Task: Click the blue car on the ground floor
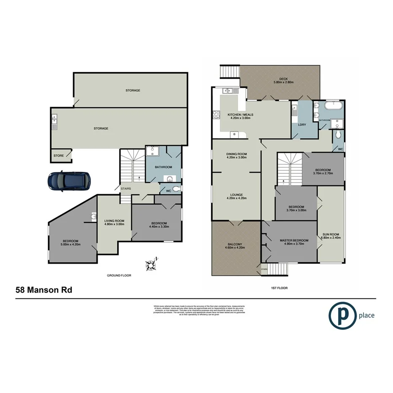[69, 181]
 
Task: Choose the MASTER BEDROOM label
[294, 240]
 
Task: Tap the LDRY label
[301, 125]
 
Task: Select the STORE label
[59, 156]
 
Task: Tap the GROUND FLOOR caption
[119, 275]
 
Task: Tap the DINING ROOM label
[237, 154]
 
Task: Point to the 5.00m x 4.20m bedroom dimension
[70, 244]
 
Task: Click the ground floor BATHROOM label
[163, 167]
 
